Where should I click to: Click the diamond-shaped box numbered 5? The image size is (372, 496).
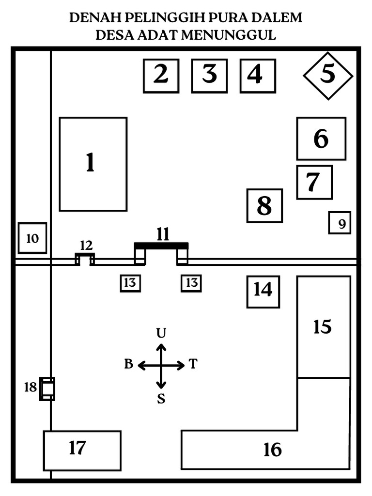coord(328,75)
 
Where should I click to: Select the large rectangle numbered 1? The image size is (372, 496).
coord(93,164)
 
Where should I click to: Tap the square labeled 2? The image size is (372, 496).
coord(161,75)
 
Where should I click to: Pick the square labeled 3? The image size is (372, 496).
coord(209,75)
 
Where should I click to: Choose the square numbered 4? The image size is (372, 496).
coord(258,75)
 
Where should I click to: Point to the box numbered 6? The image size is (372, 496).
coord(321,139)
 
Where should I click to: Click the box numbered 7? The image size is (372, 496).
coord(314,182)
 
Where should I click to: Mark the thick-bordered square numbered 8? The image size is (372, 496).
coord(264,206)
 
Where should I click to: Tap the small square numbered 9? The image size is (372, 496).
coord(340,223)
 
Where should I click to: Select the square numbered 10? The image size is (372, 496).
coord(32,238)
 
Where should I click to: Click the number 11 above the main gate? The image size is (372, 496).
coord(163,234)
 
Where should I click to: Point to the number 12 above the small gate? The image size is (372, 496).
coord(85,246)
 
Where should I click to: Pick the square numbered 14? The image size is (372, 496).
coord(263,292)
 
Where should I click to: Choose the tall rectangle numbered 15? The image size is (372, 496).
coord(324,326)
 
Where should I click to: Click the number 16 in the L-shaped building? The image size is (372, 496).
coord(273,450)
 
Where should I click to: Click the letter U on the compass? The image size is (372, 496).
coord(161,333)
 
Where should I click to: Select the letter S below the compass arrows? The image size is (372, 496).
coord(161,399)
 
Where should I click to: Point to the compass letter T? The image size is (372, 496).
coord(193,364)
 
